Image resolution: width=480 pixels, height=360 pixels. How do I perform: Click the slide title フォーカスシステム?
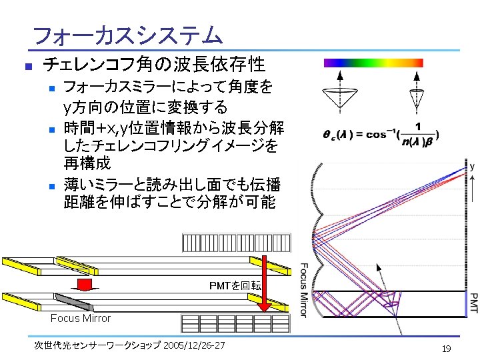tap(127, 34)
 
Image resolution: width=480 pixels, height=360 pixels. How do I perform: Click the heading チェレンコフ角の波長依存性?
tap(154, 65)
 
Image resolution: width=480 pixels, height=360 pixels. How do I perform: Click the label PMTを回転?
tap(235, 286)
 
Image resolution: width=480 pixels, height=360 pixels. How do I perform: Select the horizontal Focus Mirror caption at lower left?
tap(81, 318)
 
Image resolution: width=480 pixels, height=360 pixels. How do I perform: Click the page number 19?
tap(447, 348)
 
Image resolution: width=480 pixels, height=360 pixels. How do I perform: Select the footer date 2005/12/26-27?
tap(194, 345)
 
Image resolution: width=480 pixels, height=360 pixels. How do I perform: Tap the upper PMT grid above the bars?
tap(236, 242)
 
